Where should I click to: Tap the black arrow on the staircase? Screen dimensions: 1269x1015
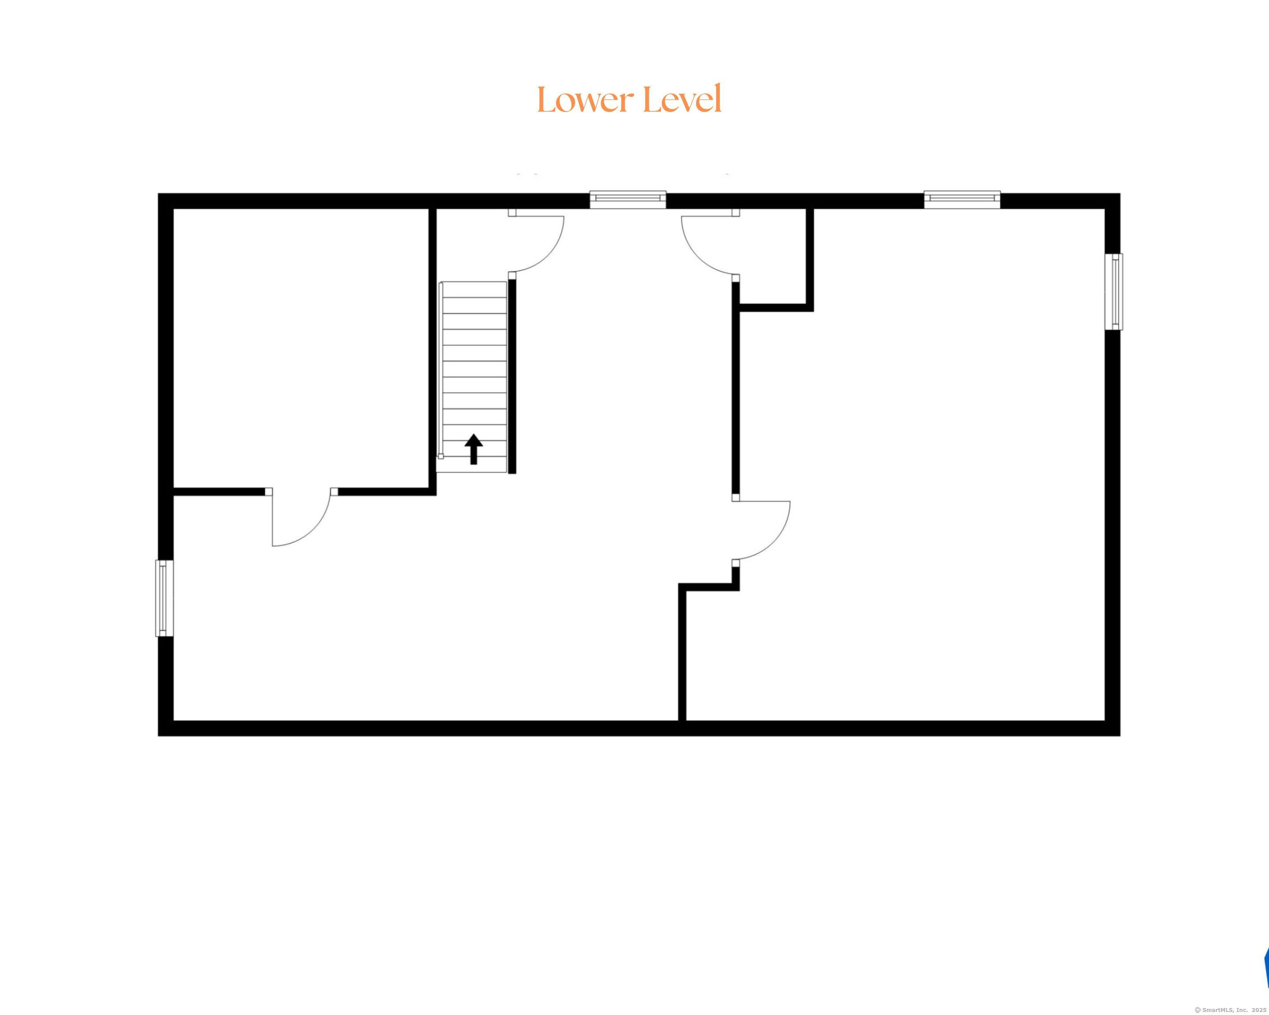(474, 449)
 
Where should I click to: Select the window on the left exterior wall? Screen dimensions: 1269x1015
(164, 598)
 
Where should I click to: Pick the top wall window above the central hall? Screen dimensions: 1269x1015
(628, 200)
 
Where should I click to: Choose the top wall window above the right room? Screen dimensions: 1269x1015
(962, 200)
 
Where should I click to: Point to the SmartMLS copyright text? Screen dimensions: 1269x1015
(1230, 1010)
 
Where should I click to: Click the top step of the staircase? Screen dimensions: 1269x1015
(474, 289)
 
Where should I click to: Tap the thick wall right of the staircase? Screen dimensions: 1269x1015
(512, 377)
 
